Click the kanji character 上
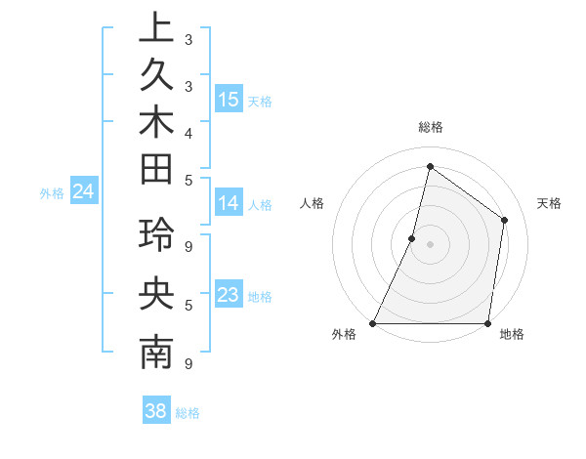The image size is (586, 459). (156, 28)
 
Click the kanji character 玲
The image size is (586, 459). (156, 236)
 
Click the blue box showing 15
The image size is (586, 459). (229, 99)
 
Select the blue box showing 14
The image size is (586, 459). (229, 203)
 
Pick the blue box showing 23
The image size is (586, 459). (229, 295)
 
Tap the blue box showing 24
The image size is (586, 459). (84, 191)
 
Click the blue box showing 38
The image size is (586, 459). (156, 411)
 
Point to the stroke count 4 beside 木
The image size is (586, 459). (188, 132)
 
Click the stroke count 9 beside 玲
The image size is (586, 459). (188, 247)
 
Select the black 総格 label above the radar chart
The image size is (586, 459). (431, 127)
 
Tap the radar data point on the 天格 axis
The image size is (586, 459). (505, 220)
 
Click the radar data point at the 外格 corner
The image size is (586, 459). (373, 323)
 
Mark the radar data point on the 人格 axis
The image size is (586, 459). (412, 238)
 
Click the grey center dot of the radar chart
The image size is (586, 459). (431, 244)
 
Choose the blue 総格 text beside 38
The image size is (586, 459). (188, 412)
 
